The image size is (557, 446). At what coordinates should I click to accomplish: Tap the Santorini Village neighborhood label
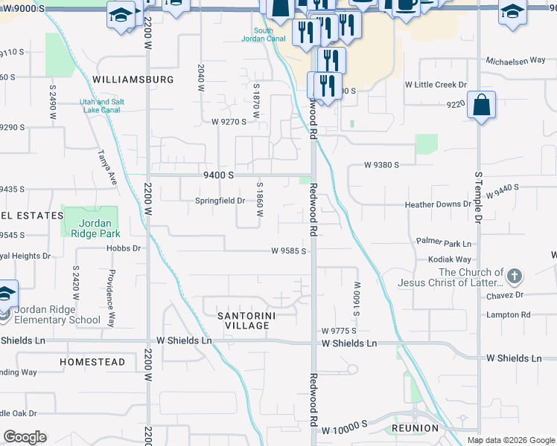pos(243,321)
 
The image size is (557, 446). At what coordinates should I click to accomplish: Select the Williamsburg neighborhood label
pos(133,79)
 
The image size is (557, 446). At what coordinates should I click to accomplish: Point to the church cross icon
pos(514,277)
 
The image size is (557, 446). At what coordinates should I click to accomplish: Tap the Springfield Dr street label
pos(220,201)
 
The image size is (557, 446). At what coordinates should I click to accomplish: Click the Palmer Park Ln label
pos(444,243)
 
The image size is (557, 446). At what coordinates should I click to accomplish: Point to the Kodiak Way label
pos(449,259)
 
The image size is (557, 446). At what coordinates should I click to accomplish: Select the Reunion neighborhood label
pos(412,430)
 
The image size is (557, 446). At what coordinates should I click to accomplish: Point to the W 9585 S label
pos(288,251)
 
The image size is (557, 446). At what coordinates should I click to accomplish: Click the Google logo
pos(25,437)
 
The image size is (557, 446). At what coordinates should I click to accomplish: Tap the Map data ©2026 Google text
pos(510,440)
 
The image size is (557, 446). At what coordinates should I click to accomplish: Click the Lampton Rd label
pos(508,314)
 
